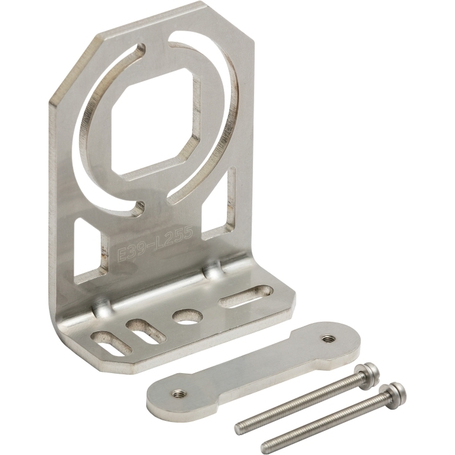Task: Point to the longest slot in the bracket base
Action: tap(246, 296)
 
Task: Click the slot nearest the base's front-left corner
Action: tap(111, 344)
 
